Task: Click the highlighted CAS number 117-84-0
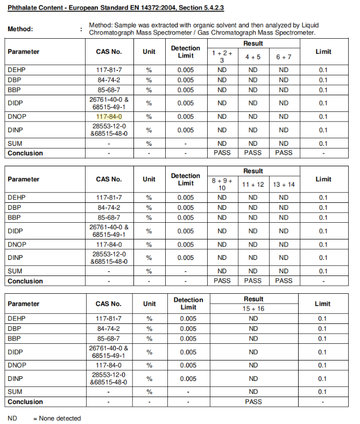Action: (x=109, y=116)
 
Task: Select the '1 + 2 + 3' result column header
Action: (x=222, y=56)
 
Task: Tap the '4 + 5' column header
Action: (x=253, y=56)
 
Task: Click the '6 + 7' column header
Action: (x=284, y=56)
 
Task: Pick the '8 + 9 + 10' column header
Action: (x=222, y=184)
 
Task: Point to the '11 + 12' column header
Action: (x=253, y=184)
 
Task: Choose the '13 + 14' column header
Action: (x=284, y=184)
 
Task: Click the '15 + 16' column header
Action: (x=253, y=309)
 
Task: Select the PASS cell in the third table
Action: (x=253, y=401)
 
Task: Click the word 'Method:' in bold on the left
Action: (x=20, y=29)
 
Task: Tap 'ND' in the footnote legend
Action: (x=12, y=418)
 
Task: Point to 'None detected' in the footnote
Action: (x=60, y=418)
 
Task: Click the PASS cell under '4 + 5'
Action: (x=253, y=153)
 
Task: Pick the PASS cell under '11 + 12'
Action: (x=253, y=280)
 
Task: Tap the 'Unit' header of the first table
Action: (x=149, y=52)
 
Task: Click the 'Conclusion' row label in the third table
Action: (x=25, y=401)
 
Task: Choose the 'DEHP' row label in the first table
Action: (x=16, y=70)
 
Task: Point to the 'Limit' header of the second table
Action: (x=323, y=179)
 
